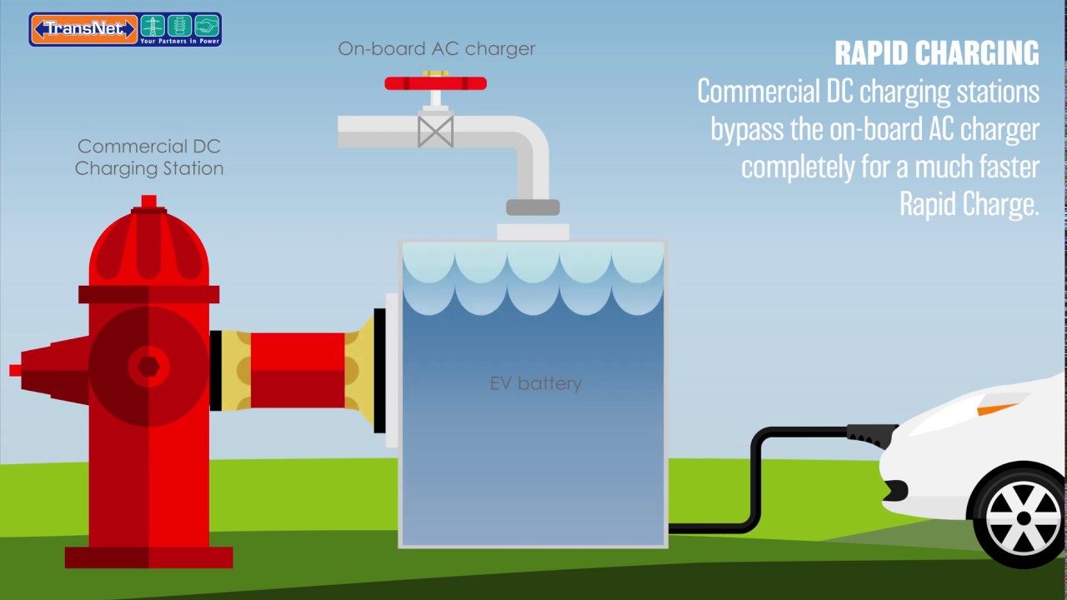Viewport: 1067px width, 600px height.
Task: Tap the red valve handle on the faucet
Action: click(435, 82)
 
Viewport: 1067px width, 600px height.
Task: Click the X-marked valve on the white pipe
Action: click(435, 132)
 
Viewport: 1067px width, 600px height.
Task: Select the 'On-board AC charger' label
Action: click(436, 48)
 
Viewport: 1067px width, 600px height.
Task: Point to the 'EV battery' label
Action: click(535, 383)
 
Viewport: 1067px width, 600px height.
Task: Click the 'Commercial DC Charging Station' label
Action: click(149, 157)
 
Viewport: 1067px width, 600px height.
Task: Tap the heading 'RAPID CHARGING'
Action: click(936, 53)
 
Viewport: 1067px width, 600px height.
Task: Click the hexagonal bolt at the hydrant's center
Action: click(148, 367)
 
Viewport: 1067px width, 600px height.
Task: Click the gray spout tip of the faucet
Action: click(533, 207)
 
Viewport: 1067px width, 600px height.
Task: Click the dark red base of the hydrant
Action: click(148, 557)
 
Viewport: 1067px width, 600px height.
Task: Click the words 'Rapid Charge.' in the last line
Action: click(969, 204)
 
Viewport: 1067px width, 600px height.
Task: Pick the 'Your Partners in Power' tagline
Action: click(178, 40)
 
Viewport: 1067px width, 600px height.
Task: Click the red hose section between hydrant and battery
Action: click(297, 370)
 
